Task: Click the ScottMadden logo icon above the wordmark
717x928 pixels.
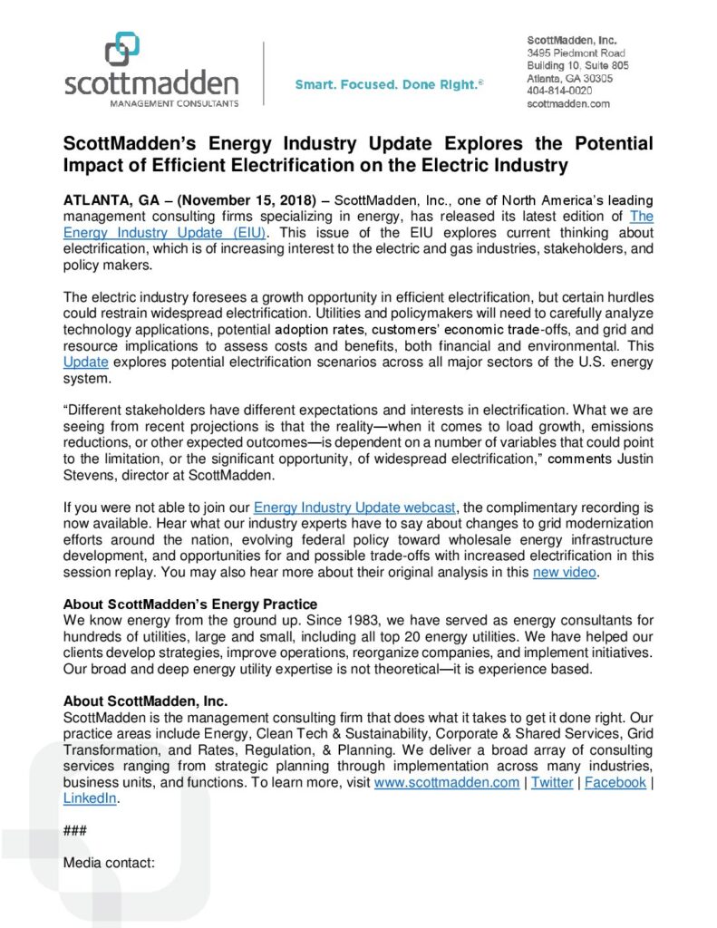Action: point(121,49)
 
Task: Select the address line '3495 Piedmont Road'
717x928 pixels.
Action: point(577,53)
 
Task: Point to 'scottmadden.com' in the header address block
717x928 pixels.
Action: point(568,103)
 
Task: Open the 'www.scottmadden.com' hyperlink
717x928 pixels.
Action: point(447,782)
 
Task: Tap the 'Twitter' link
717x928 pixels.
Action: point(551,782)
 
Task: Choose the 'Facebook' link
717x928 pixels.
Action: point(615,782)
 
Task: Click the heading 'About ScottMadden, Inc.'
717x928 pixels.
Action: point(145,701)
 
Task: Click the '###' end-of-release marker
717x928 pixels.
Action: point(75,831)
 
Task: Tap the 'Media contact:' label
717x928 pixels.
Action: point(110,864)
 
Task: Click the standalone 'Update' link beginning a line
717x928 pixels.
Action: point(86,362)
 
